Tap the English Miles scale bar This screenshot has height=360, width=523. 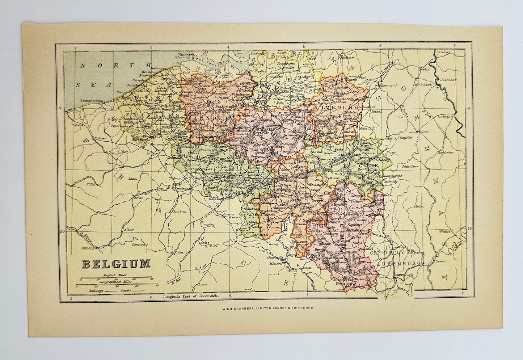pos(115,277)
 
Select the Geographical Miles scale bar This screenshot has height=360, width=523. pos(115,284)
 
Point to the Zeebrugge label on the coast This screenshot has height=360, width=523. pos(157,68)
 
